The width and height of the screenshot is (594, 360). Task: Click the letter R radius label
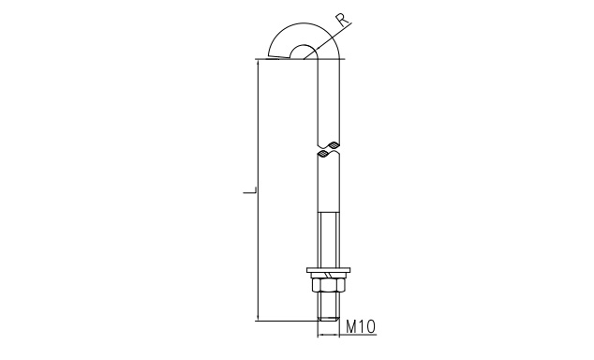343,20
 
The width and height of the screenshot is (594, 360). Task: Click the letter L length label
250,192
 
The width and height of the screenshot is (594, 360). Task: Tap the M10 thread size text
361,326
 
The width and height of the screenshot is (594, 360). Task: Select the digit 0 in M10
369,326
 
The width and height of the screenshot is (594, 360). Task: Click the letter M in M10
351,326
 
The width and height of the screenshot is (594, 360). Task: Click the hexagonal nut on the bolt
328,285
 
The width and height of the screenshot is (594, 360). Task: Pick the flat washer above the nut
328,270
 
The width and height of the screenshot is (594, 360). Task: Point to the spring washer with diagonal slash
328,276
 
